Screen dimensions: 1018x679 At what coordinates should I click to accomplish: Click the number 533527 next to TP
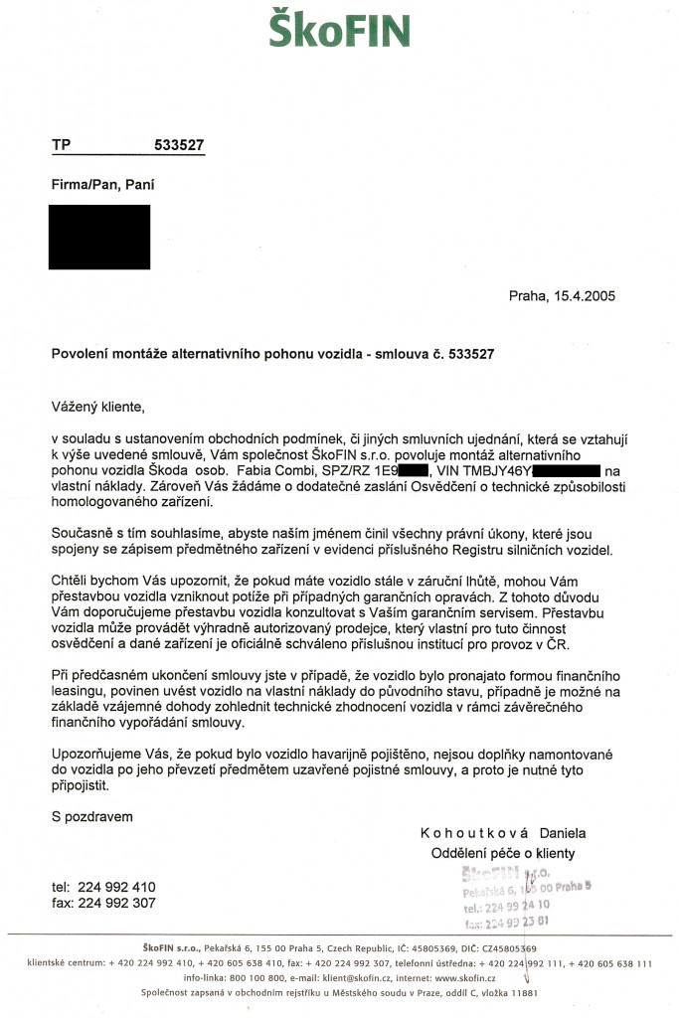(179, 144)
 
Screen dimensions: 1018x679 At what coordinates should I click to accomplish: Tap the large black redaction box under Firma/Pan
(99, 237)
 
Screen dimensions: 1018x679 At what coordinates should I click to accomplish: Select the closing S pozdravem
(92, 816)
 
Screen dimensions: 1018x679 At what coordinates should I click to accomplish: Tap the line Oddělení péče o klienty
(502, 853)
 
